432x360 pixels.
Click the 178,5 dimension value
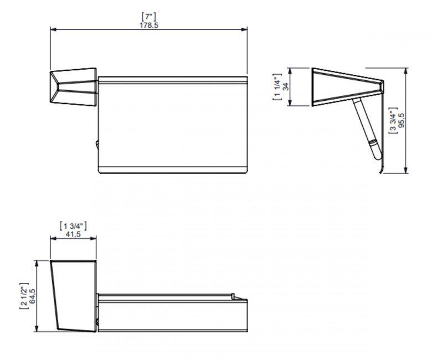pyautogui.click(x=149, y=25)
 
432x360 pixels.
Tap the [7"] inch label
pyautogui.click(x=149, y=17)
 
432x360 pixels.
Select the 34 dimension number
pyautogui.click(x=286, y=87)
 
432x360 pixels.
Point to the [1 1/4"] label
pyautogui.click(x=277, y=87)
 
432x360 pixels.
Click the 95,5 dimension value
pyautogui.click(x=402, y=120)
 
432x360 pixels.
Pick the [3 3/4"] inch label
pyautogui.click(x=393, y=120)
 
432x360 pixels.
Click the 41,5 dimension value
pyautogui.click(x=73, y=235)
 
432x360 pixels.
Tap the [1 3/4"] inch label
pyautogui.click(x=73, y=227)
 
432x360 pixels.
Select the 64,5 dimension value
pyautogui.click(x=32, y=296)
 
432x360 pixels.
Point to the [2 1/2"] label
pyautogui.click(x=23, y=296)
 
